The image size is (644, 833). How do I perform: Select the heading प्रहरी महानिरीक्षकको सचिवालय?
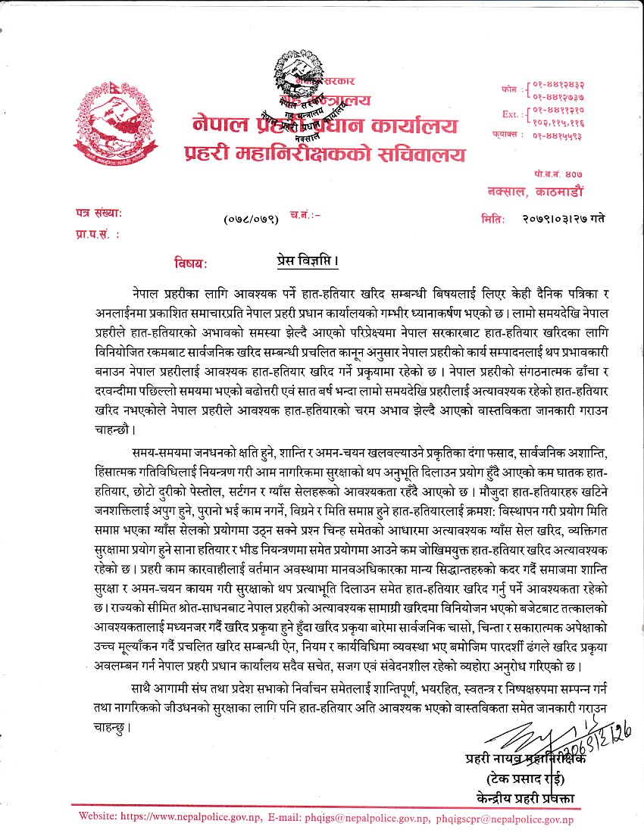(x=325, y=154)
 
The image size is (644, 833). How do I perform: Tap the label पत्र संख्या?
(x=98, y=215)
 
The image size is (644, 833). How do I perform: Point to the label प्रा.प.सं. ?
(x=98, y=235)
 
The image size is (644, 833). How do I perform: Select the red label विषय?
(x=190, y=264)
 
